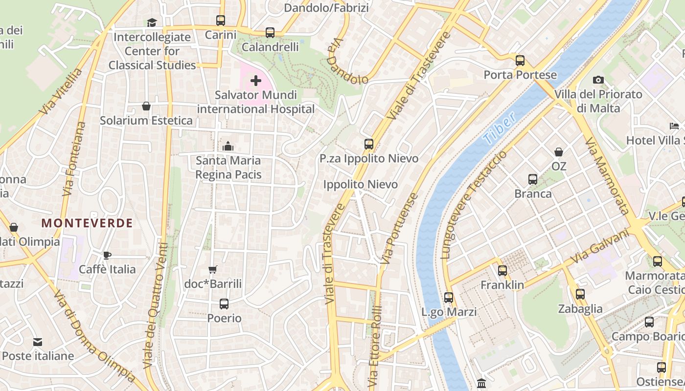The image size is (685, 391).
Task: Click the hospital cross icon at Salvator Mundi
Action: coord(255,81)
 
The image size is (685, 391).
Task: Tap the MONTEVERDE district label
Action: coord(87,223)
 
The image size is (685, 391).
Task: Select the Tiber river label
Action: coord(499,129)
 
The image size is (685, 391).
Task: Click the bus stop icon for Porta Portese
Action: coord(520,61)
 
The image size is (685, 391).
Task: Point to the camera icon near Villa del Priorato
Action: coord(598,80)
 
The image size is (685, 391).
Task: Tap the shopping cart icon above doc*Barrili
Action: coord(213,269)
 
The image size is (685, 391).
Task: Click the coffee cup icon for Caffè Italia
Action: coord(107,255)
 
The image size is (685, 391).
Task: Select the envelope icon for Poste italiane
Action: coord(38,342)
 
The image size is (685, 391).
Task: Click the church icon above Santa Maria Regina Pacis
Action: coord(228,146)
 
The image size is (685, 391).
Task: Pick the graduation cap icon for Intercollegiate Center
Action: coord(152,22)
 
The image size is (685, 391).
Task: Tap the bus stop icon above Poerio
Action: coord(224,304)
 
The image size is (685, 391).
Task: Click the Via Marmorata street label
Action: coord(607,176)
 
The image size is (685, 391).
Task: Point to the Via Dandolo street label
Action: coord(347,62)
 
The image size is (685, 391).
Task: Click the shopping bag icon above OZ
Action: coord(559,152)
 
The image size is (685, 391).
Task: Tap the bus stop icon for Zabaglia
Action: coord(580,294)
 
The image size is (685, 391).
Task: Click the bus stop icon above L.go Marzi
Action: coord(448,297)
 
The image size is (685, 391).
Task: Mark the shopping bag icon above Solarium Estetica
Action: coord(146,106)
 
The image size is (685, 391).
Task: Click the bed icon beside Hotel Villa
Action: coord(674,126)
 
